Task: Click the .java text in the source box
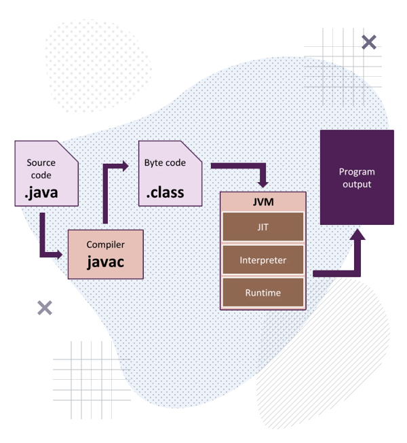41,193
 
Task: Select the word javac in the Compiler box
105,262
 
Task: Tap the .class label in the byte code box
165,193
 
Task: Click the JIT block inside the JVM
263,227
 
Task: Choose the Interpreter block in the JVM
263,260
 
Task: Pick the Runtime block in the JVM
263,293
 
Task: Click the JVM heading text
263,201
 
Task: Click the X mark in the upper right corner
369,43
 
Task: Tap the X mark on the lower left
45,307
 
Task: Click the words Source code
41,169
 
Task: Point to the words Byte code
164,164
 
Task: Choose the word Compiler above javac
105,244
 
